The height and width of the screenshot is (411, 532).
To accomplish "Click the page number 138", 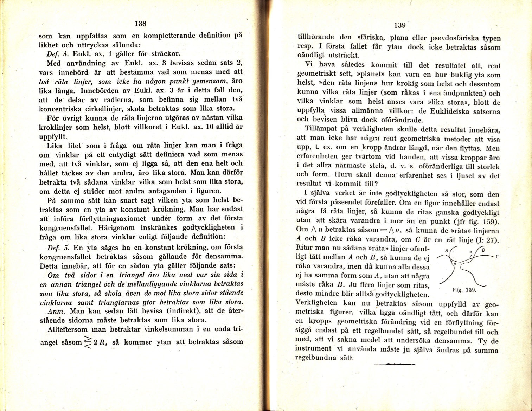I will point(140,24).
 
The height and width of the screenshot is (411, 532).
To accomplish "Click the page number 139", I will point(400,25).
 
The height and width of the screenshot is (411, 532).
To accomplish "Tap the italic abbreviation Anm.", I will point(56,311).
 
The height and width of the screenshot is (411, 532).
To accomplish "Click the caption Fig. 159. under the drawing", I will point(464,290).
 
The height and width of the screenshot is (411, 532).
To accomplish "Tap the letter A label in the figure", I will point(446,250).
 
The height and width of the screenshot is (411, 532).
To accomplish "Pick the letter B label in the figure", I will point(483,250).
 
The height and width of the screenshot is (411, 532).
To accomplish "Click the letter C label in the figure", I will point(497,257).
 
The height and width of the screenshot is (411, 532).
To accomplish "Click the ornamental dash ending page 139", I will point(395,364).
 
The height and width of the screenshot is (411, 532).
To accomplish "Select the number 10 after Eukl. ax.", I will point(210,127).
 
